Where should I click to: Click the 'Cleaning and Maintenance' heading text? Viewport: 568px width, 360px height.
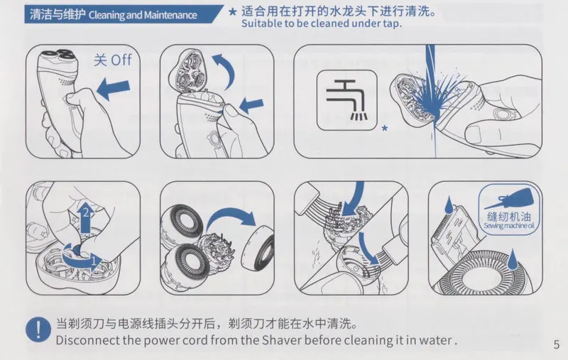click(143, 15)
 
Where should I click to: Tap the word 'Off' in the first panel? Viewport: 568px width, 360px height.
click(121, 60)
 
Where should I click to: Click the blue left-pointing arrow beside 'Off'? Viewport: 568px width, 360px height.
click(113, 89)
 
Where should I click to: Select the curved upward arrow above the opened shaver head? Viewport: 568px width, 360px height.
click(224, 70)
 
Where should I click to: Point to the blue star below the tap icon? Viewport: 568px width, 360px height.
click(385, 128)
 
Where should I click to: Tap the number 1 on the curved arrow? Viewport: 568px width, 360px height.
click(94, 261)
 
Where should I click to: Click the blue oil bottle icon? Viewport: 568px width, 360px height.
click(511, 198)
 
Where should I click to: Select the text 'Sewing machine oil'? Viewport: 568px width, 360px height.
click(509, 226)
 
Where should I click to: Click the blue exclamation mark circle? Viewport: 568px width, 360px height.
click(38, 329)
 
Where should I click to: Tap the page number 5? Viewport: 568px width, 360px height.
click(557, 344)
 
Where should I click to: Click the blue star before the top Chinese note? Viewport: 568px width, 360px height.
click(234, 12)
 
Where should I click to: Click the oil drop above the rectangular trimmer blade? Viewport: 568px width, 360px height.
click(449, 204)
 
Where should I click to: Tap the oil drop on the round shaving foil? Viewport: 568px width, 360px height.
click(511, 259)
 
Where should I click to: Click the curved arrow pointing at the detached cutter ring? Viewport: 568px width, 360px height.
click(230, 217)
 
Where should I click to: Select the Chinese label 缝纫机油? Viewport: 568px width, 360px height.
click(509, 217)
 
